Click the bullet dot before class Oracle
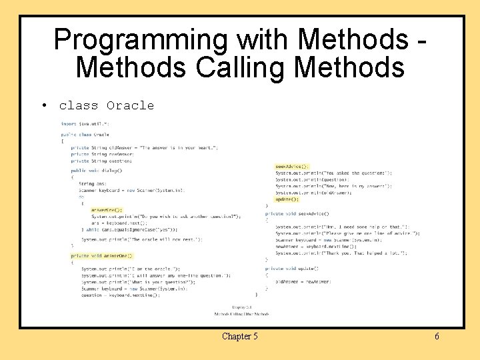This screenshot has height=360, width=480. click(43, 105)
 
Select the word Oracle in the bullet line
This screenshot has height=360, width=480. click(130, 105)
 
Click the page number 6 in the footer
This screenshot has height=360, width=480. click(437, 336)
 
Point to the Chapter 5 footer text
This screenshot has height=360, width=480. click(239, 336)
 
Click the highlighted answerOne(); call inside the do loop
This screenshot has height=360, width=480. click(107, 209)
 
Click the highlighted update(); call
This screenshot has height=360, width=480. click(287, 199)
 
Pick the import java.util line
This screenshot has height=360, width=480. click(85, 124)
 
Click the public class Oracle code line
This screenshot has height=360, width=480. click(85, 134)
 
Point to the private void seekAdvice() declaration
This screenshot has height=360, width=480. click(297, 213)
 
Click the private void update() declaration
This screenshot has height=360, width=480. click(291, 269)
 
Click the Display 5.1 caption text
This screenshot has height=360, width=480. click(241, 307)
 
